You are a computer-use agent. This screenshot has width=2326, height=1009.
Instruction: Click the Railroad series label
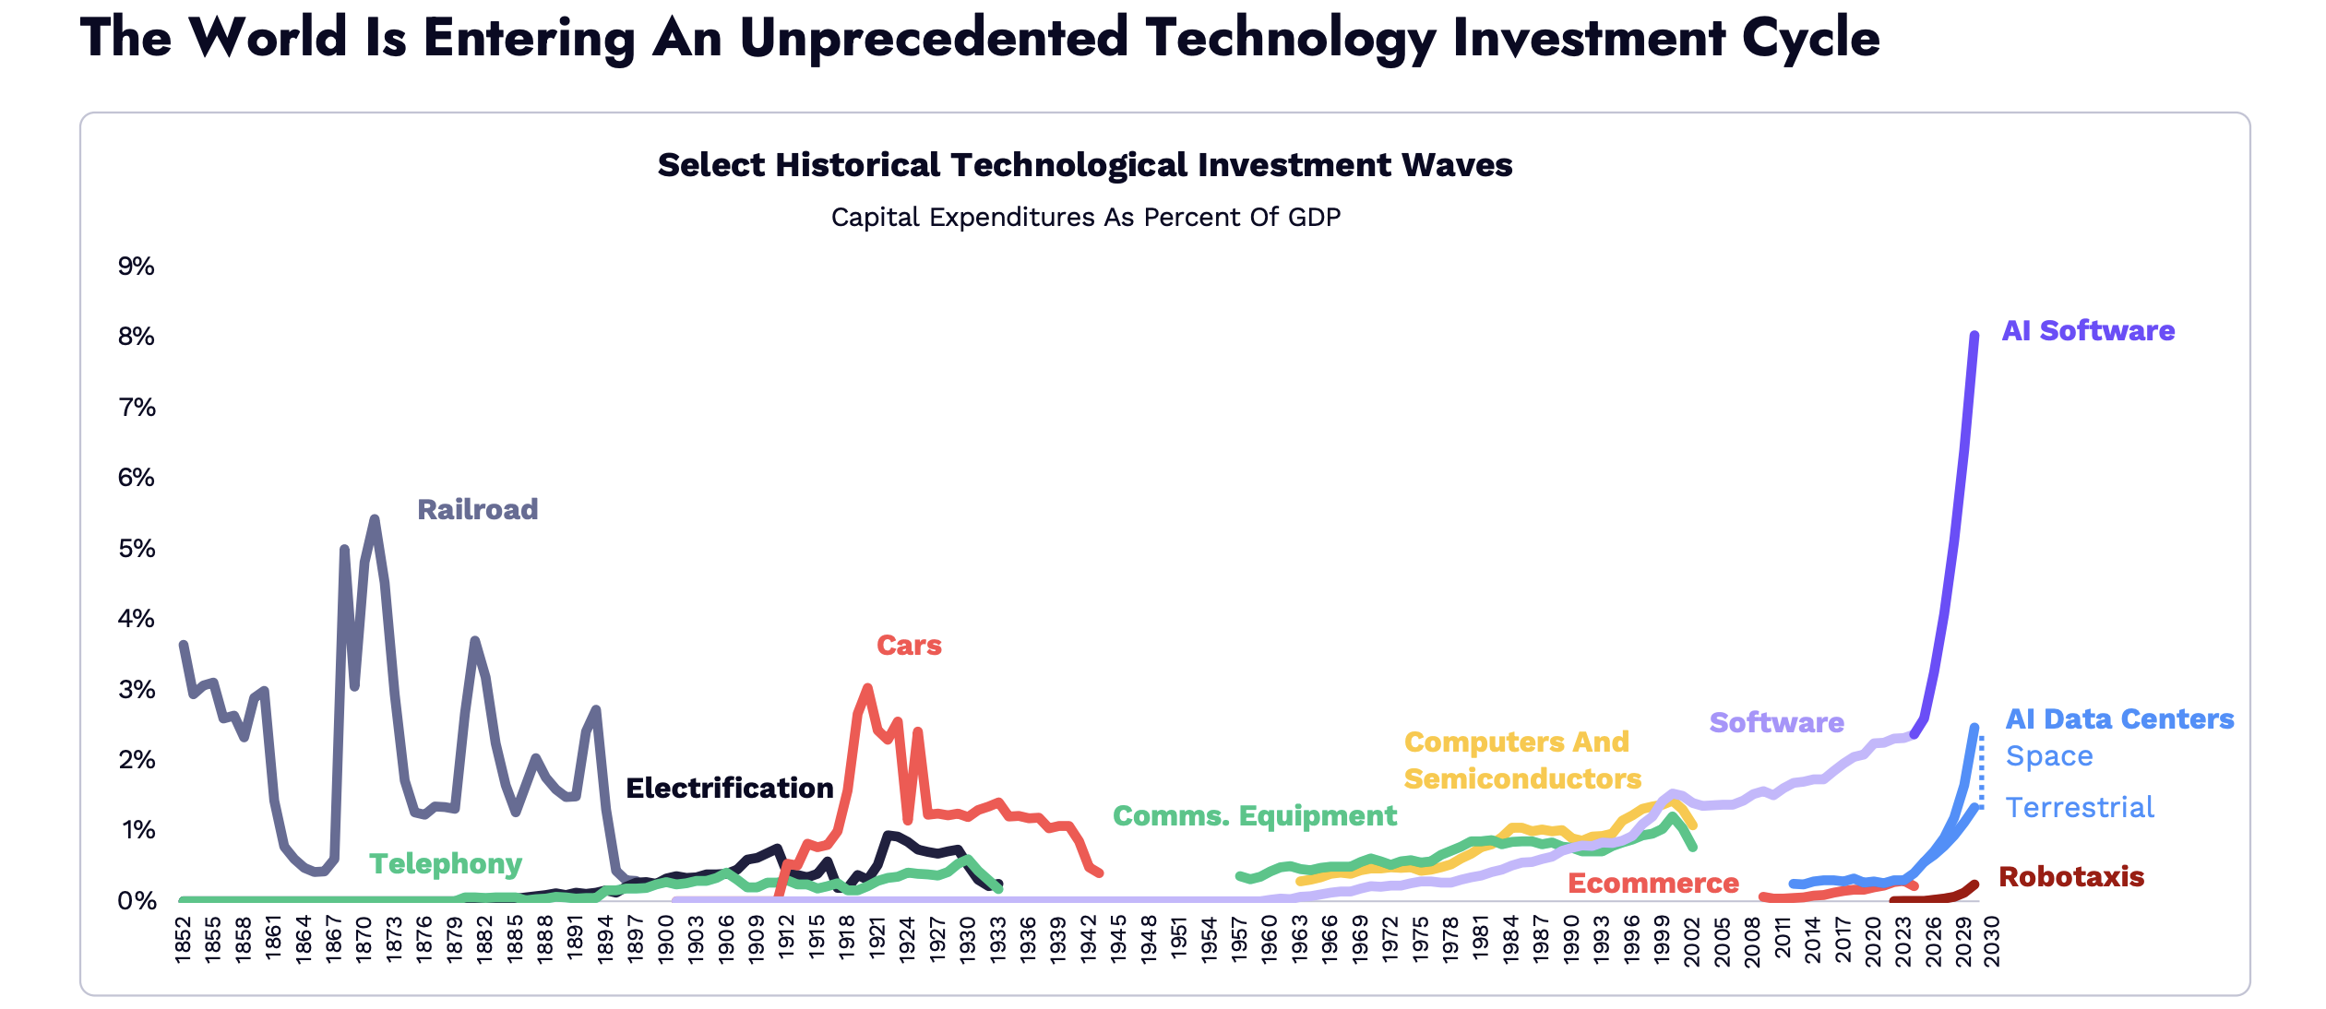477,509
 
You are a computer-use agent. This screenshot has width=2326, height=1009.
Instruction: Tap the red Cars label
909,645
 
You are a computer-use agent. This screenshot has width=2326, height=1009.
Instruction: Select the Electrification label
729,788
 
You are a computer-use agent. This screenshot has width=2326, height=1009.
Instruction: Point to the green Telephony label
446,863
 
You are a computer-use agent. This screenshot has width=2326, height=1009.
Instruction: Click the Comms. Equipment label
1254,815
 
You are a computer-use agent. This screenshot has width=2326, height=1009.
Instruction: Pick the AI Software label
2088,330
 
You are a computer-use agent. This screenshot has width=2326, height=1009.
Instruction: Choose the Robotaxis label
2070,876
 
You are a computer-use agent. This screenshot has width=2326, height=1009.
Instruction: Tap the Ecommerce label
1652,883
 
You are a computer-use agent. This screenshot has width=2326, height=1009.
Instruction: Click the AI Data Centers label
2119,718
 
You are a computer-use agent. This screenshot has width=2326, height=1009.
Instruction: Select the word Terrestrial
2080,807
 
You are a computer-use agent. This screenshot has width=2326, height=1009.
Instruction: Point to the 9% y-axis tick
137,267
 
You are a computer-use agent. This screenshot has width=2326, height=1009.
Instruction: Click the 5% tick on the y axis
137,549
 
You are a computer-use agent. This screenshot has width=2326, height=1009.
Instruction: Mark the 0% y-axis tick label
137,901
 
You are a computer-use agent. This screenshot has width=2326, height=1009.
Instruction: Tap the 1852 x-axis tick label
183,941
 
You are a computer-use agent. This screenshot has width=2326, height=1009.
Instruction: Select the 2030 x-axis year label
1992,941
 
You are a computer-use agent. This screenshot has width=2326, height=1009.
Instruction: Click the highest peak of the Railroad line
375,519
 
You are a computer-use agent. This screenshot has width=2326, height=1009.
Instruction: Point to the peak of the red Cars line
867,688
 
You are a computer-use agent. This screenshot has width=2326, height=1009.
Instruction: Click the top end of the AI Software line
1974,335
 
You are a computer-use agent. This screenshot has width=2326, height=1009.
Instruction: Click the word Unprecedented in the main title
934,39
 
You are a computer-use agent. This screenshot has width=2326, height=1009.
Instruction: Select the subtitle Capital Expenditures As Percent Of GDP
1085,217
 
